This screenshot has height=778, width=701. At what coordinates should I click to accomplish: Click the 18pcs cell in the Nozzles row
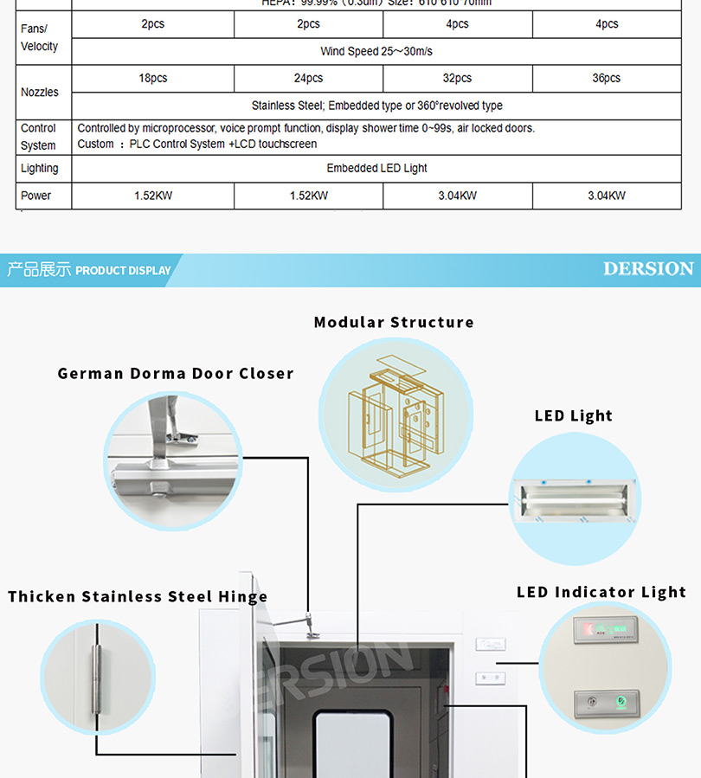(153, 78)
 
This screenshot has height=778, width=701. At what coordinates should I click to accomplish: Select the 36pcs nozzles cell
(606, 78)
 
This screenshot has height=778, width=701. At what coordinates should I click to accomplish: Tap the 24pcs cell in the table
(308, 78)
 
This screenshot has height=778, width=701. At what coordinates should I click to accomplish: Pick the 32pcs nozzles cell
(457, 78)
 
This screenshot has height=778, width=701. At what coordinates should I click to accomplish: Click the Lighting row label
(40, 168)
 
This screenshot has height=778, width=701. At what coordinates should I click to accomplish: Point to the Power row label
(36, 196)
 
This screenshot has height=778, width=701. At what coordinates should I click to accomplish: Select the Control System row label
(38, 137)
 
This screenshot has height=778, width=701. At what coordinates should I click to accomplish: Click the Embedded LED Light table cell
(376, 168)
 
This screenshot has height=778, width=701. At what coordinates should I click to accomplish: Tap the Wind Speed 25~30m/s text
(376, 51)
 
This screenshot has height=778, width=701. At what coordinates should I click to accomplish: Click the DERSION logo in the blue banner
(648, 269)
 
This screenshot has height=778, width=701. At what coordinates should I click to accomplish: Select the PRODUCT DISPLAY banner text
(123, 270)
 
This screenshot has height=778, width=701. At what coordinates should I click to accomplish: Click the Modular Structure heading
(394, 322)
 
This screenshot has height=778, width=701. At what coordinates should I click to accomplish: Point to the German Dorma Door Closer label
(176, 374)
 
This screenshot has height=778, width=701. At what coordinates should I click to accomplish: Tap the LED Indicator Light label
(601, 592)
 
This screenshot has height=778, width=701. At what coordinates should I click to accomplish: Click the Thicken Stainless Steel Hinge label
(138, 596)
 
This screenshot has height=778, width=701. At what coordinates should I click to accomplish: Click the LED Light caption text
(573, 415)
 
